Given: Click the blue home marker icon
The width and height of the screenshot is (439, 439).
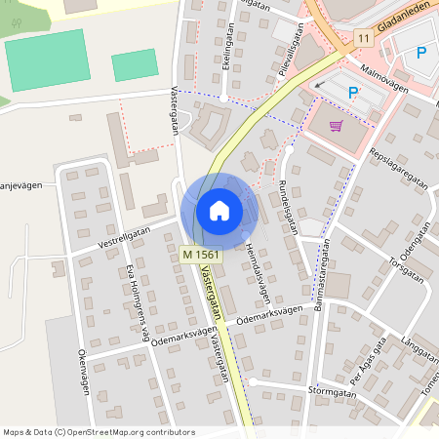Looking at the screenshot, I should tap(219, 210).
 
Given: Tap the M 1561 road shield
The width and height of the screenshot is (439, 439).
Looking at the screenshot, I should tap(200, 255).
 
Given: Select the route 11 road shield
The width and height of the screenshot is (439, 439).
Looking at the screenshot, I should tap(363, 38).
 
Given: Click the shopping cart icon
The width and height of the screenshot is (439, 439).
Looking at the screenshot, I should tap(337, 125).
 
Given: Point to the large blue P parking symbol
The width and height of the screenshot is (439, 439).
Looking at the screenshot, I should tap(422, 53).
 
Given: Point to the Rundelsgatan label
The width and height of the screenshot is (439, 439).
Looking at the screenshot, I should tap(286, 206).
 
